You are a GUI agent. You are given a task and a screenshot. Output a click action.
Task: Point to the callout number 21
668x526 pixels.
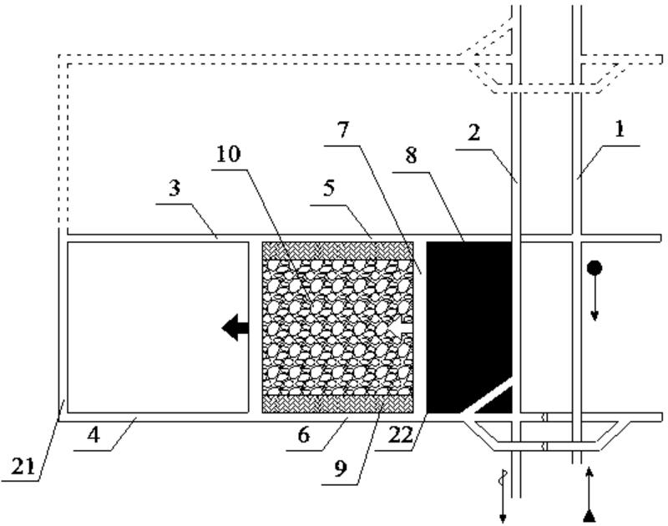click(x=23, y=467)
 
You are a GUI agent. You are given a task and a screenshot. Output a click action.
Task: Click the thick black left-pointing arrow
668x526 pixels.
click(x=235, y=328)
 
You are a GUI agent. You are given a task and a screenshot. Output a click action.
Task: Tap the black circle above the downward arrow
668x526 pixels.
click(x=595, y=268)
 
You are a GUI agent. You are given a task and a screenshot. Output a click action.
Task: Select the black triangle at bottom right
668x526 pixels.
click(x=590, y=514)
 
